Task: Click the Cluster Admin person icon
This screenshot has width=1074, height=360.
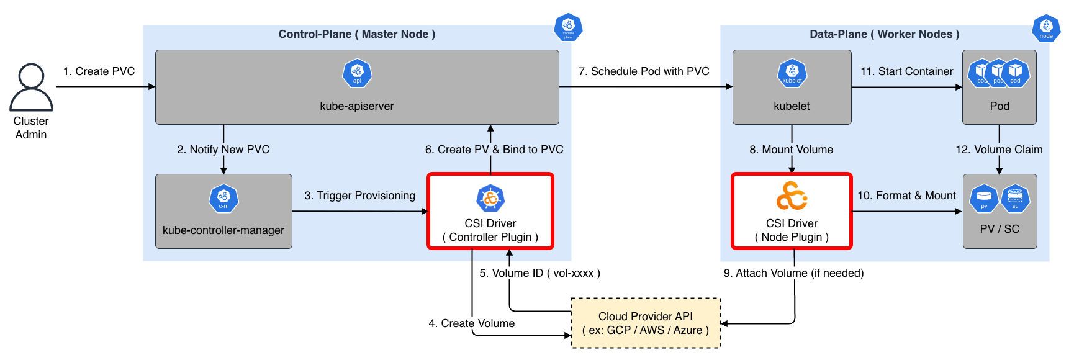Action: coord(31,87)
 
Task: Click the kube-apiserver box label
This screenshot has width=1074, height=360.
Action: coord(357,106)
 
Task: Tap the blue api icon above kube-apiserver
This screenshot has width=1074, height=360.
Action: coord(357,73)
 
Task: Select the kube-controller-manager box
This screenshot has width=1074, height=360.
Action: coord(223,212)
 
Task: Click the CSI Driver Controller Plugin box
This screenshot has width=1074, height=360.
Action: coord(490,212)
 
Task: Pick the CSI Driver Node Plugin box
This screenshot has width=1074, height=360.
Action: coord(792,212)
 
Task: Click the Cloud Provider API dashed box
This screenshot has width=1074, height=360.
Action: coord(646,323)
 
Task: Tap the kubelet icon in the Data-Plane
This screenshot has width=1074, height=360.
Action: coord(792,73)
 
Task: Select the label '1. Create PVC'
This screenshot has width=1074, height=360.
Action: coord(99,71)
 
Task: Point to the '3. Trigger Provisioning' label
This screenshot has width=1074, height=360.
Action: coord(360,196)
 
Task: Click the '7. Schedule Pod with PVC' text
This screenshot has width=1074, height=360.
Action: coord(644,71)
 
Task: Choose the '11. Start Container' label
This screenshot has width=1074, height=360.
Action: coord(907,71)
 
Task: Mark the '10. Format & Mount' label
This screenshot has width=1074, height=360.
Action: coord(907,196)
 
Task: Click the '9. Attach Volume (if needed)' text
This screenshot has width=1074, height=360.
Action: coord(793,273)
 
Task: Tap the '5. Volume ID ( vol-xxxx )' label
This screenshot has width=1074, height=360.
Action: coord(539,273)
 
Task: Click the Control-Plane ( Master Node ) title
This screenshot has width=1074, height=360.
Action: coord(357,34)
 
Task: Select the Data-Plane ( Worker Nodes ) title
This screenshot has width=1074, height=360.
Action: coord(885,34)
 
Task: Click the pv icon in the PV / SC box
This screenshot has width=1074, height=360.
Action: coord(984,199)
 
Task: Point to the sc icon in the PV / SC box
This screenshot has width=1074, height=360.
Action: coord(1015,199)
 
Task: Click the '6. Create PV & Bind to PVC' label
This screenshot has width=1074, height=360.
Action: coord(494,150)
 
